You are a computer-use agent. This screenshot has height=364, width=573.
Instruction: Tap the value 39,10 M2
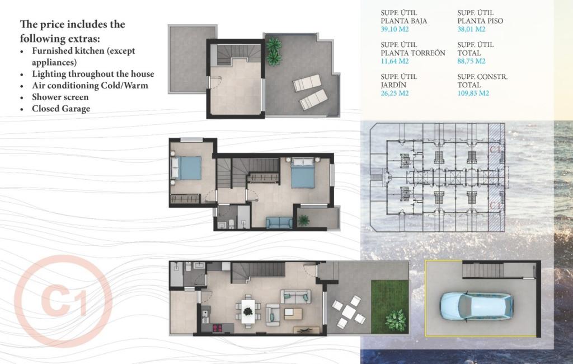click(394, 29)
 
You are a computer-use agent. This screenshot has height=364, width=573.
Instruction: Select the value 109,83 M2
click(473, 93)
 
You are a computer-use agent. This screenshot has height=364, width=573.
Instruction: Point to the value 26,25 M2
click(394, 93)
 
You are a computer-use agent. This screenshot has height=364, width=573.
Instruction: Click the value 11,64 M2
click(394, 61)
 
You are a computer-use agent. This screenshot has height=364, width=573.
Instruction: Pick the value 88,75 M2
click(471, 61)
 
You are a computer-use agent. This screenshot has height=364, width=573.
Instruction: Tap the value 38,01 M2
click(471, 29)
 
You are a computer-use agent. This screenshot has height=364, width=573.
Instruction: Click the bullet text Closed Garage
click(61, 109)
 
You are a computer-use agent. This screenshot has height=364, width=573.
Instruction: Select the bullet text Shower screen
click(60, 97)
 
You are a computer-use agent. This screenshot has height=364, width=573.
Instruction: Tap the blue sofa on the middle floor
click(279, 222)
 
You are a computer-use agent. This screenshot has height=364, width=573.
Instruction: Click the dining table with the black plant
click(248, 311)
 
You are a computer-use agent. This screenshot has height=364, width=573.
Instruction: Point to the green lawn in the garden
click(389, 306)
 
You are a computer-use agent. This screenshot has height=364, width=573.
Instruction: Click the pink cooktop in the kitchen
click(218, 328)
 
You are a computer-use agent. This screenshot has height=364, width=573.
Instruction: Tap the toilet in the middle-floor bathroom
click(231, 223)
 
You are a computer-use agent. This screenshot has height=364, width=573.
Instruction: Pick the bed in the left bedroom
click(186, 168)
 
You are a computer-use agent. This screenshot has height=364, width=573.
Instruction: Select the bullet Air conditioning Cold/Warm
click(90, 85)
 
